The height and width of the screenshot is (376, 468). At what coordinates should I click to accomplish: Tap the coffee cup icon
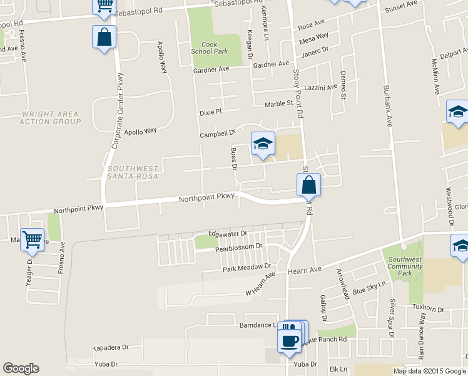pyautogui.click(x=288, y=341)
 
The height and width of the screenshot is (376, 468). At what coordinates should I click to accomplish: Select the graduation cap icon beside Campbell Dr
pyautogui.click(x=263, y=144)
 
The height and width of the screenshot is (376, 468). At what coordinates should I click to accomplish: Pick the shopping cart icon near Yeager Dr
pyautogui.click(x=33, y=239)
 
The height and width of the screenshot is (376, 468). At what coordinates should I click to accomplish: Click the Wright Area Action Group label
pyautogui.click(x=49, y=118)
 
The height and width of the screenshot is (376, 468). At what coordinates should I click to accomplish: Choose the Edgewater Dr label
pyautogui.click(x=228, y=233)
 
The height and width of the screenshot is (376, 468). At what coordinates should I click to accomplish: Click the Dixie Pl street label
pyautogui.click(x=211, y=113)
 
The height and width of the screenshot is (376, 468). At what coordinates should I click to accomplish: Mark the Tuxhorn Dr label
pyautogui.click(x=429, y=310)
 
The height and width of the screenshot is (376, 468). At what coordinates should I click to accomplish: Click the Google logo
pyautogui.click(x=21, y=368)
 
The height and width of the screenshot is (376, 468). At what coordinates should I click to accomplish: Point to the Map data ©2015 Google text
pyautogui.click(x=429, y=371)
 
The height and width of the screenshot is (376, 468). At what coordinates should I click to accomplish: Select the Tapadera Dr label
pyautogui.click(x=110, y=347)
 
